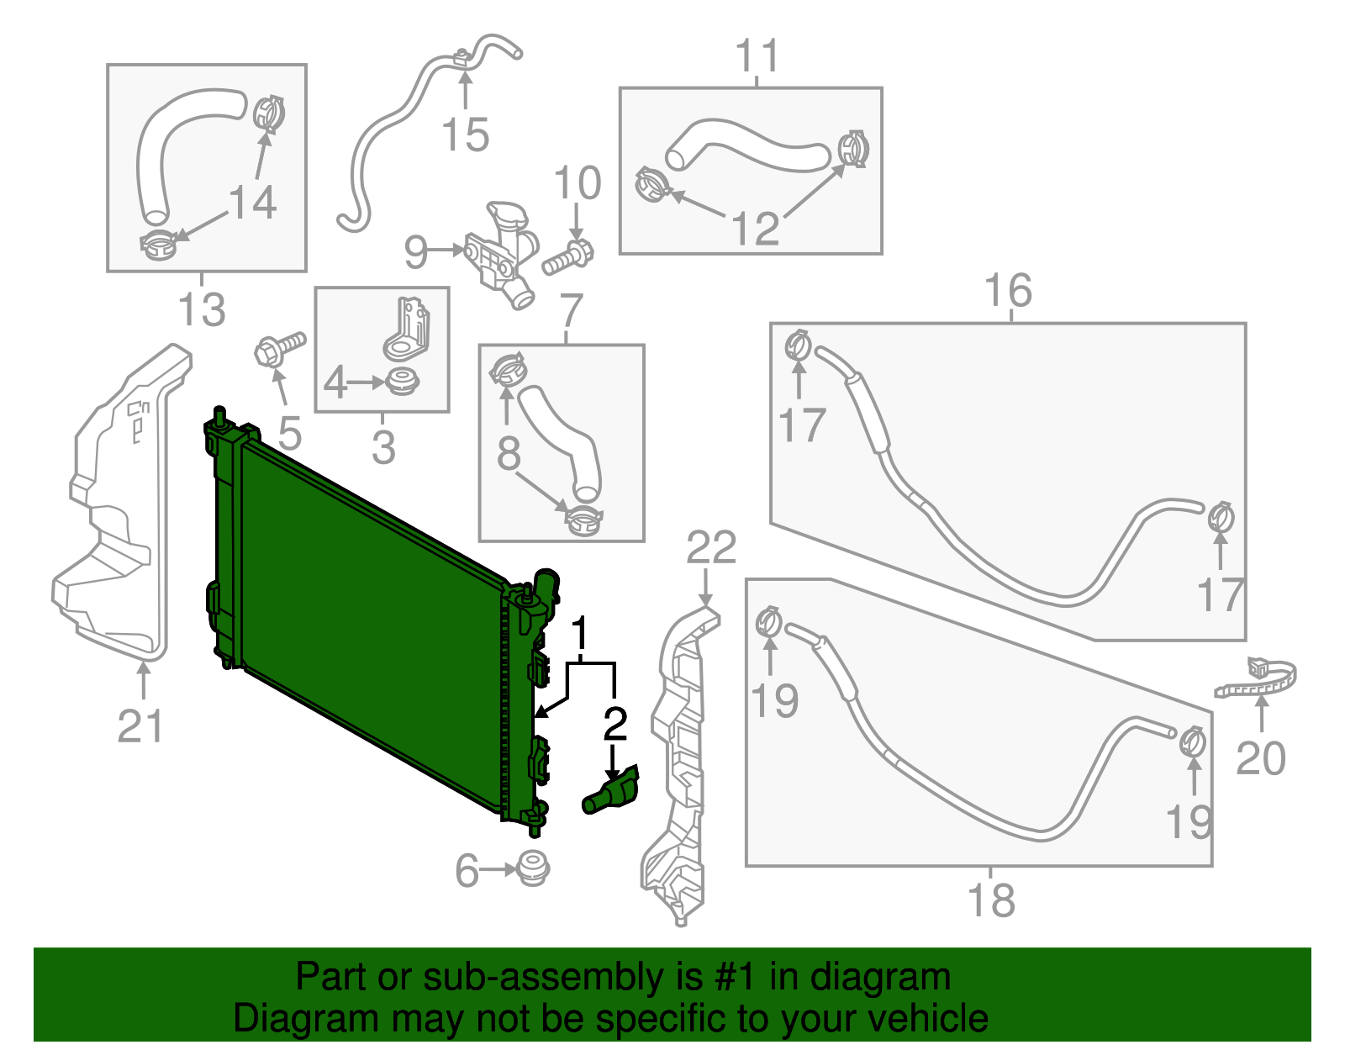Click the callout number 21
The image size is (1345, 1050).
(x=140, y=726)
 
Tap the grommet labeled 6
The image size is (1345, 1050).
(x=530, y=868)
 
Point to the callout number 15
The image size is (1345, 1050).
(x=465, y=135)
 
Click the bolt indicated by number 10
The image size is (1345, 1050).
(x=568, y=257)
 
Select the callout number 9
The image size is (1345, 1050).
(x=416, y=251)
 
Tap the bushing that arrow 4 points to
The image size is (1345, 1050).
(x=403, y=380)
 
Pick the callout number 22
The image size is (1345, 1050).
(x=711, y=548)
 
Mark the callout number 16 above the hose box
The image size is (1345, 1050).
(x=1007, y=291)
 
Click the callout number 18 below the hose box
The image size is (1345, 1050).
(x=992, y=900)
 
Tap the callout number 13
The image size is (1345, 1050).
(x=202, y=309)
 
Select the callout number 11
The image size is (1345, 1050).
(x=757, y=56)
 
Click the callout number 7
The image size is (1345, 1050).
(x=571, y=310)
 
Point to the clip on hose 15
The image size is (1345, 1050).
(x=462, y=57)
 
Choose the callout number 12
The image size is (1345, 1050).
(x=755, y=228)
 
